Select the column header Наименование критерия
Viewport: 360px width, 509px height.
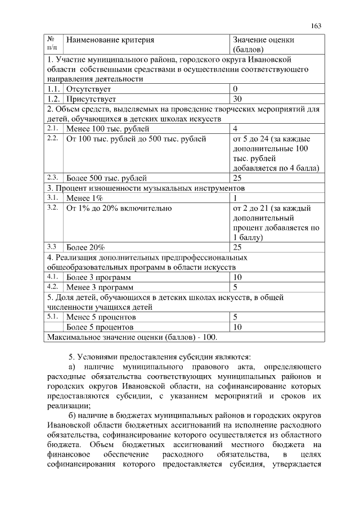tap(110, 40)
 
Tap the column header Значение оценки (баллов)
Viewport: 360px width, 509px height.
tap(263, 44)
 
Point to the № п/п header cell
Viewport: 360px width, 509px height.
tap(52, 44)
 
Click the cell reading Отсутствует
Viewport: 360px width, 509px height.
tap(88, 89)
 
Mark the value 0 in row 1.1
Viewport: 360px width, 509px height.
tap(235, 89)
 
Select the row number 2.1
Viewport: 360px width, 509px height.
tap(53, 128)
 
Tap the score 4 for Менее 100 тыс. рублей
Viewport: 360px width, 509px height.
tap(235, 128)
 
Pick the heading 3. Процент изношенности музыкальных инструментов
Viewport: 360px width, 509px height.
tap(146, 188)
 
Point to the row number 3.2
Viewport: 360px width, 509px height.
tap(53, 208)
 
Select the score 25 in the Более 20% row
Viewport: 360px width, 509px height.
tap(237, 247)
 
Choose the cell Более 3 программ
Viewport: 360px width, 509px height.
tap(98, 277)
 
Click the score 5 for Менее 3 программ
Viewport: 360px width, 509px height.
tap(235, 287)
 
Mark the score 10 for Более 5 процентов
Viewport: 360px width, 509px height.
tap(237, 327)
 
